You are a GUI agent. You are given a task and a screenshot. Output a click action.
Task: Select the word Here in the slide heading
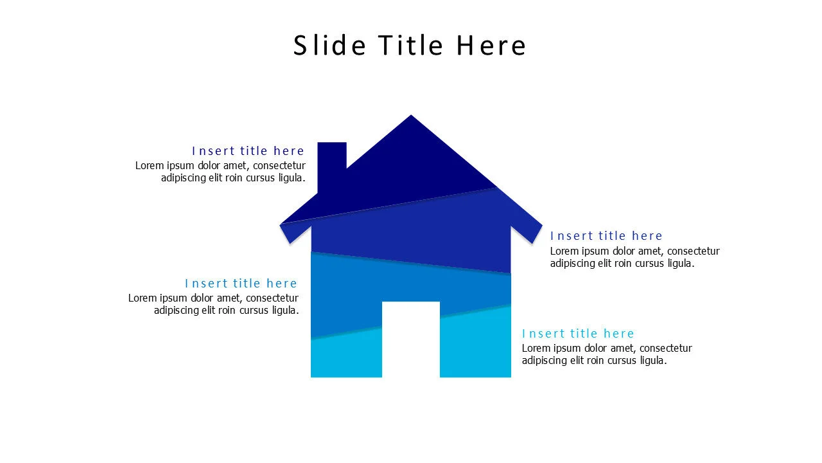(491, 46)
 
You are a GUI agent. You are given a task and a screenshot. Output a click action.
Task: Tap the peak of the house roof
(411, 117)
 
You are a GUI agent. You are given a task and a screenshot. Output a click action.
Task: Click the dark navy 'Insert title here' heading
(248, 150)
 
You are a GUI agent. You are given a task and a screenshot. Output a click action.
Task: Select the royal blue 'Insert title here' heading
(606, 236)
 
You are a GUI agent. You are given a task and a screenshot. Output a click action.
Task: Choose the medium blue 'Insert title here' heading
(241, 284)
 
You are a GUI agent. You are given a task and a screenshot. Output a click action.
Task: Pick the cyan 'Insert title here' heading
(578, 334)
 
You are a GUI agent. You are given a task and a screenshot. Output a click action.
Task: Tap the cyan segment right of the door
(475, 344)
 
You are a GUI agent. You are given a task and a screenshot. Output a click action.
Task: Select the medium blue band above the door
(411, 283)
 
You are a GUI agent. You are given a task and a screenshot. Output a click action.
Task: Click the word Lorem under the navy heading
(149, 166)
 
